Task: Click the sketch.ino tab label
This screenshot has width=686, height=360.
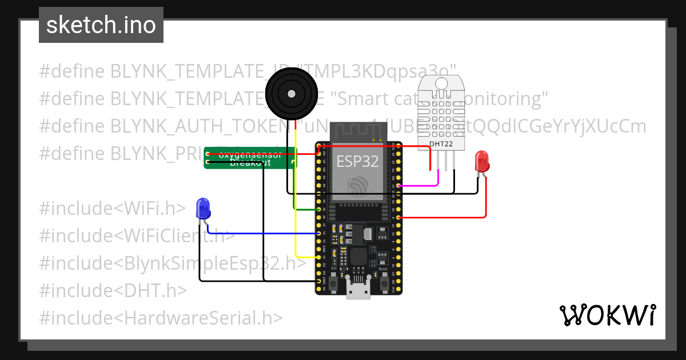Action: click(101, 25)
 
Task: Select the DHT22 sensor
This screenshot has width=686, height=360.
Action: click(441, 111)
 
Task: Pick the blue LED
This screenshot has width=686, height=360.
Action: click(203, 209)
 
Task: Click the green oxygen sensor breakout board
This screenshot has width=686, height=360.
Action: click(250, 158)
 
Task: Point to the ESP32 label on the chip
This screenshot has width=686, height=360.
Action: click(357, 161)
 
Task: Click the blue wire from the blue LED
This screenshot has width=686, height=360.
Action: click(263, 233)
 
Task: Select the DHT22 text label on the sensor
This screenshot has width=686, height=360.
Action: click(441, 144)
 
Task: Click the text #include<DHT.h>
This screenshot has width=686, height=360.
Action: click(113, 291)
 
